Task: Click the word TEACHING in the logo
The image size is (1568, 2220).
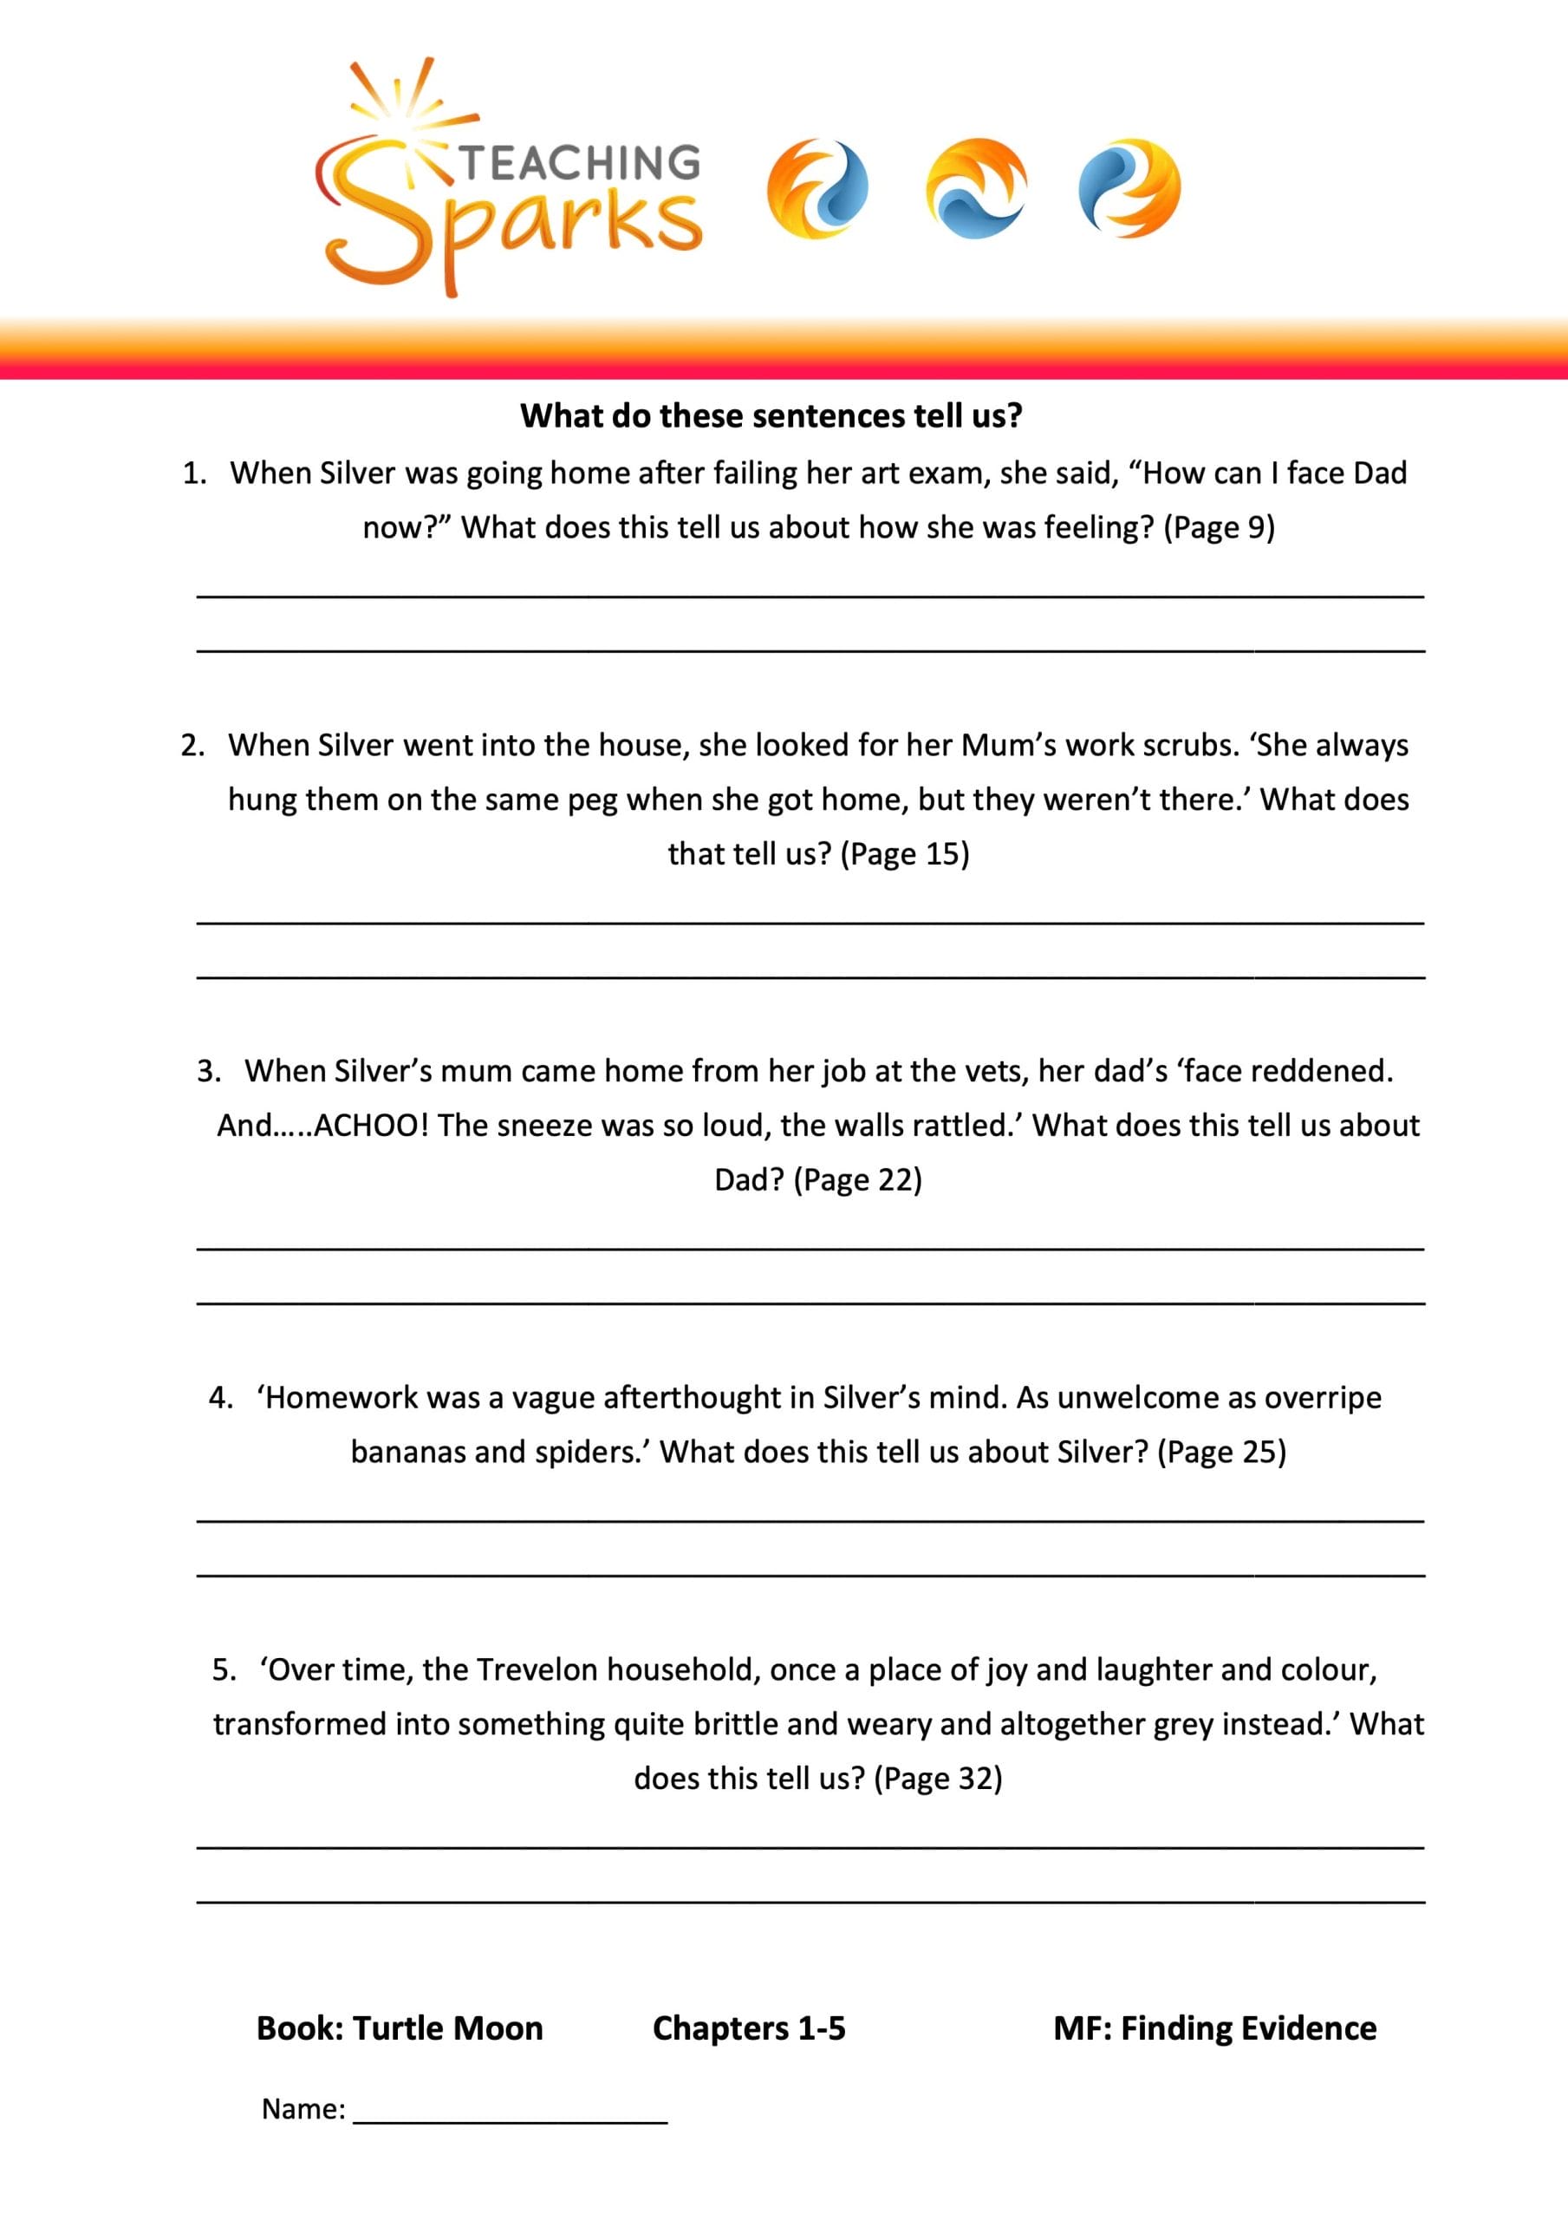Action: click(580, 162)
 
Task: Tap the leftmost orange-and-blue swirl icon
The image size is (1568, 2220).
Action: click(817, 188)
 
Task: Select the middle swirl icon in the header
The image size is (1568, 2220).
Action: click(975, 187)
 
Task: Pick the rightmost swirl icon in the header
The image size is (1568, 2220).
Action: click(1129, 187)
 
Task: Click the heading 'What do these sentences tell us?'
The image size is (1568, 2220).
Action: click(771, 415)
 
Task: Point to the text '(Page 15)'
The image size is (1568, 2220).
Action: click(905, 854)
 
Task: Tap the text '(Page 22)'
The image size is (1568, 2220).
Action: click(857, 1179)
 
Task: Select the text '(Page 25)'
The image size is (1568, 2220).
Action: click(1222, 1452)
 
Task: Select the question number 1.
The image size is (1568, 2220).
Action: click(194, 473)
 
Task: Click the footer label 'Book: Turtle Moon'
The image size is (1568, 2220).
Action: click(400, 2027)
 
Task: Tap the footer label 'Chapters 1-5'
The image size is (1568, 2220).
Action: click(748, 2027)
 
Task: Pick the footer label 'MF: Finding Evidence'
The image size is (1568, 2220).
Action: click(1214, 2027)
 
